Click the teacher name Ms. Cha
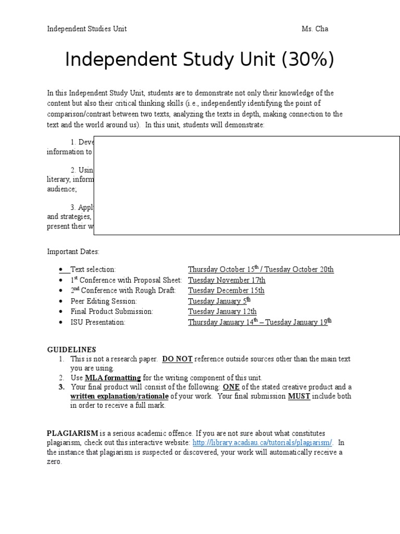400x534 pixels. pyautogui.click(x=315, y=29)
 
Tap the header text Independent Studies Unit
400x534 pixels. pyautogui.click(x=87, y=29)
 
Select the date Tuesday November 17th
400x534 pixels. pyautogui.click(x=227, y=280)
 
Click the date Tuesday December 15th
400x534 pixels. pyautogui.click(x=226, y=290)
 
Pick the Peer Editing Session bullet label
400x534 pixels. pyautogui.click(x=104, y=301)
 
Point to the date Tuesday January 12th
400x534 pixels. pyautogui.click(x=222, y=311)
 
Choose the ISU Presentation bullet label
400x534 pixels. pyautogui.click(x=98, y=322)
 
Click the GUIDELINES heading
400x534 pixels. pyautogui.click(x=71, y=349)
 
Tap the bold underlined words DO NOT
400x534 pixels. pyautogui.click(x=178, y=359)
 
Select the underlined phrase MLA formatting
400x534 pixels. pyautogui.click(x=113, y=378)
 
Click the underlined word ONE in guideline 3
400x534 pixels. pyautogui.click(x=231, y=387)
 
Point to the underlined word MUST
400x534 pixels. pyautogui.click(x=299, y=396)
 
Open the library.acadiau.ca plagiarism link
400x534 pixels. pyautogui.click(x=262, y=443)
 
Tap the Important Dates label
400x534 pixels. pyautogui.click(x=73, y=251)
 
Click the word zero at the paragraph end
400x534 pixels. pyautogui.click(x=54, y=462)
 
